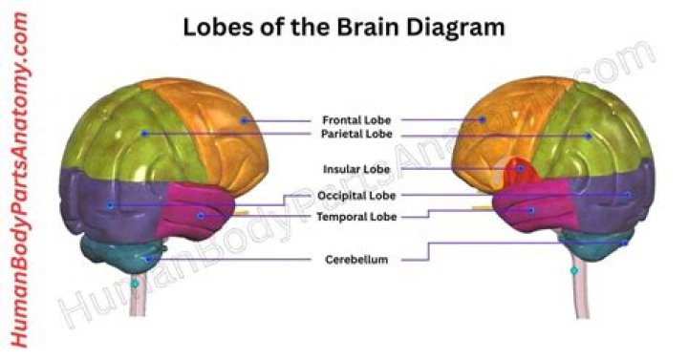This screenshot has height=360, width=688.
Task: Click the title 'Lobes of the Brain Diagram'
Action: tap(343, 27)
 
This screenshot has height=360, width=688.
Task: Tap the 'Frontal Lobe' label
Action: tap(355, 120)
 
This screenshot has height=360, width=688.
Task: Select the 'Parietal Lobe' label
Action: tap(355, 135)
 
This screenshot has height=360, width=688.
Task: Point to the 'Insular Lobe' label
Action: tap(355, 169)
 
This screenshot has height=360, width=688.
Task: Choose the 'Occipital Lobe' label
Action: tap(355, 196)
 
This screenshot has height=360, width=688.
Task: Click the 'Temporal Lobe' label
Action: tap(355, 217)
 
